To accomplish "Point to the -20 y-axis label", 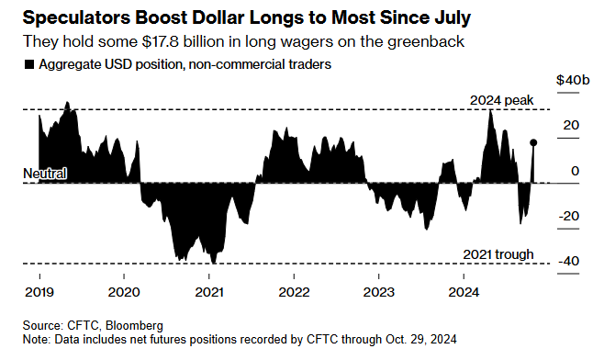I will (568, 216).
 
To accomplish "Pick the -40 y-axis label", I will (568, 261).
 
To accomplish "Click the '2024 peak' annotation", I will (502, 99).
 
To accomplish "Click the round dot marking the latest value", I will (533, 142).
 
